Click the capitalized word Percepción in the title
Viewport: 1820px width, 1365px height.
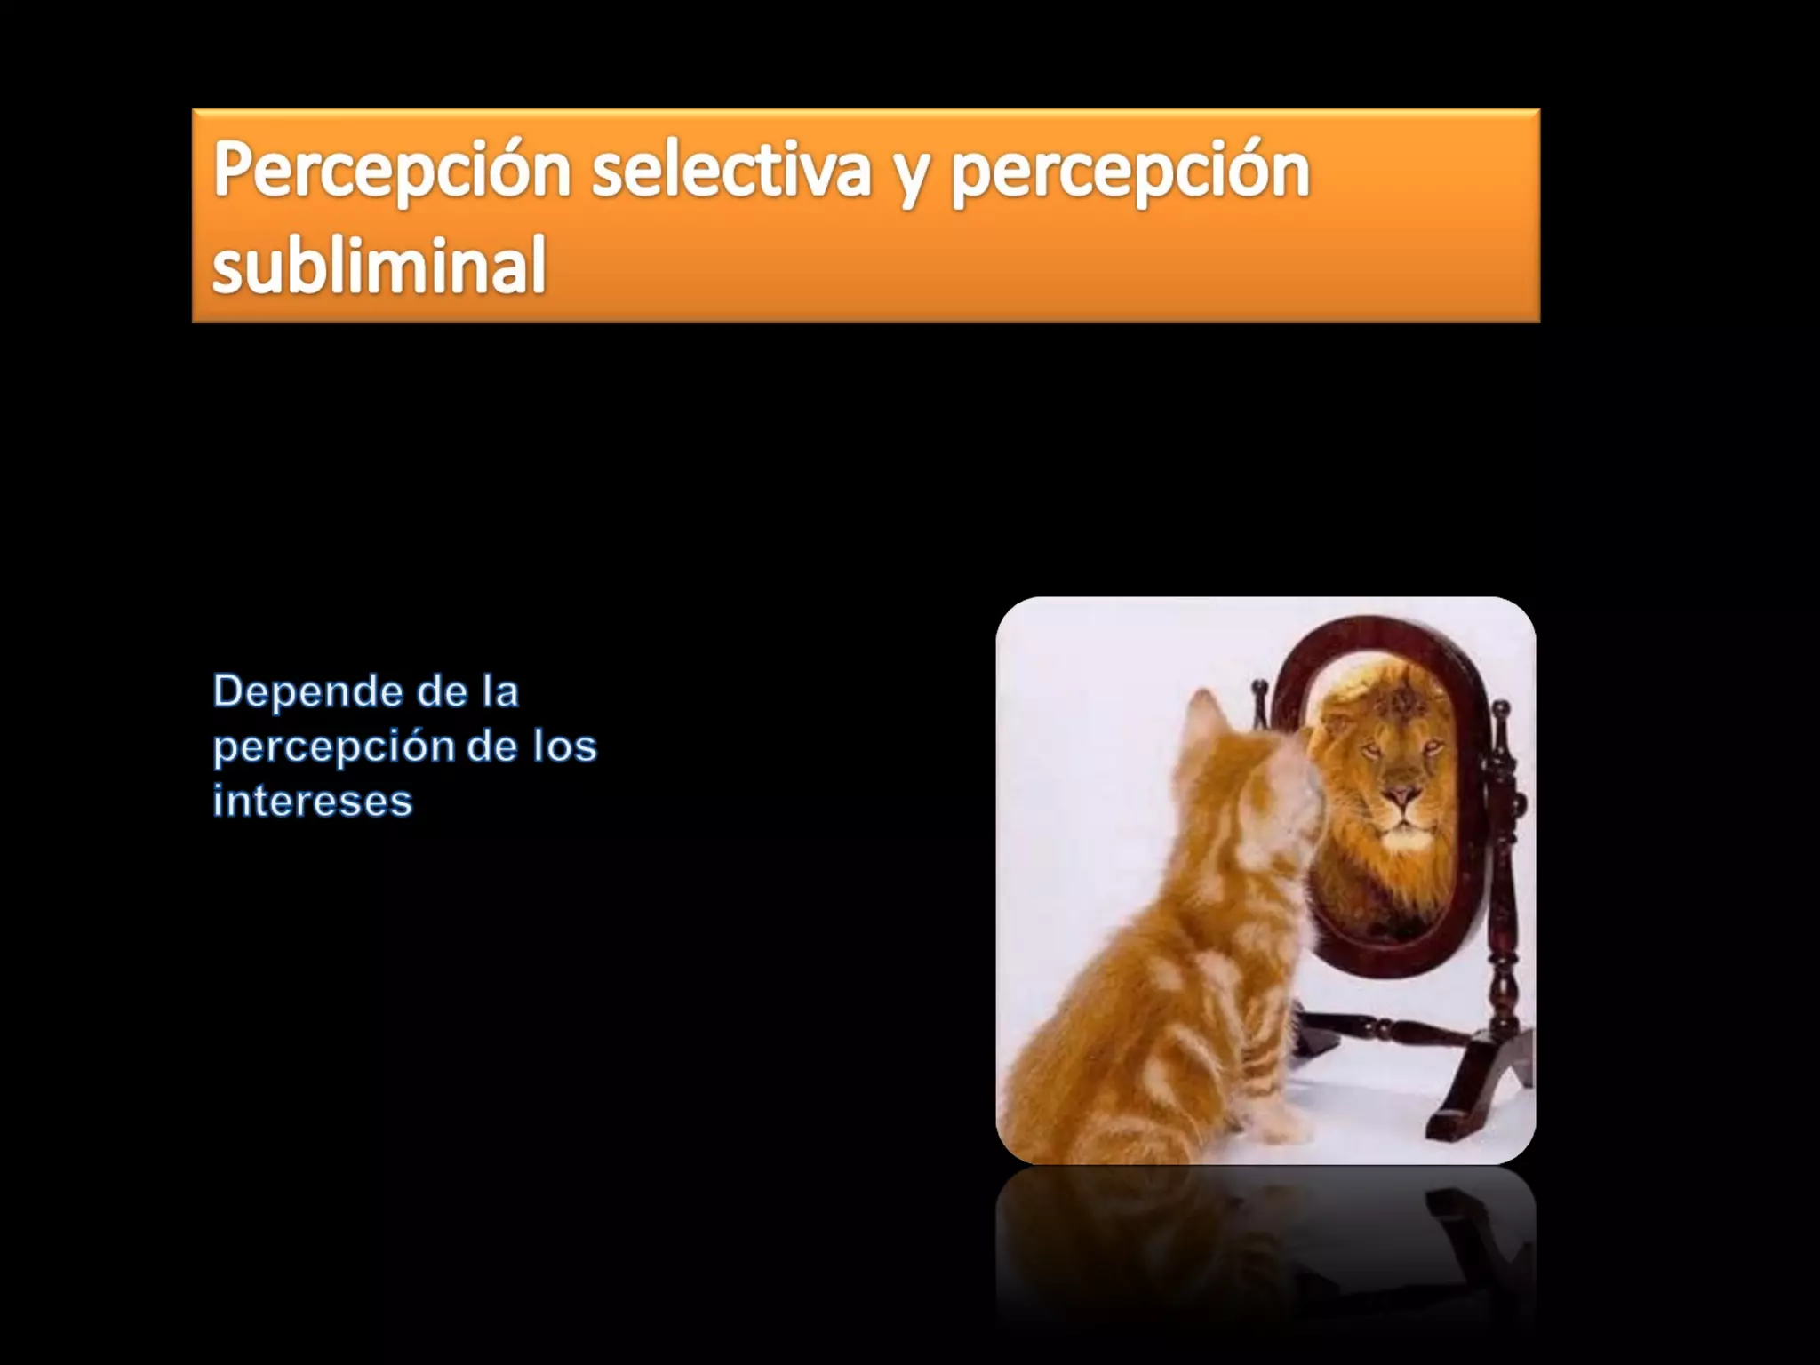point(391,171)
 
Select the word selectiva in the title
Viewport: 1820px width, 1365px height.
point(730,171)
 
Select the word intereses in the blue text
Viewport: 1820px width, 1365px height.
point(313,800)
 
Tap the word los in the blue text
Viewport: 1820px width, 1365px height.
point(564,746)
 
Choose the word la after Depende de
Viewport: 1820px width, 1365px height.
point(500,691)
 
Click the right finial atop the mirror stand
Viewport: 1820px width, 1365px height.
point(1501,711)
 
